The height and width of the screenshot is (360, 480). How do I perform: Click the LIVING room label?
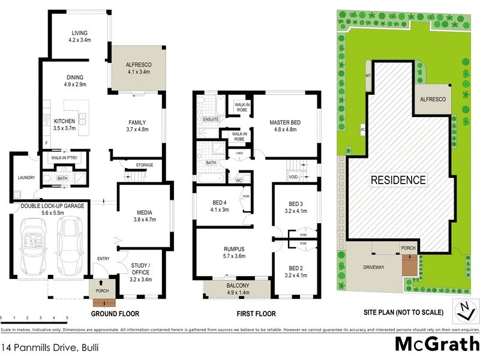80,33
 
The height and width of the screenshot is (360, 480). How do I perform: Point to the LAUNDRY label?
26,178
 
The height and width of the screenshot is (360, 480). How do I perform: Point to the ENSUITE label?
211,119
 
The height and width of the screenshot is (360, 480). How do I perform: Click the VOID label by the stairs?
293,177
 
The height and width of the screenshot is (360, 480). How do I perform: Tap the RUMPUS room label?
233,250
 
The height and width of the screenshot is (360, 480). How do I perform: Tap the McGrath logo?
436,344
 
